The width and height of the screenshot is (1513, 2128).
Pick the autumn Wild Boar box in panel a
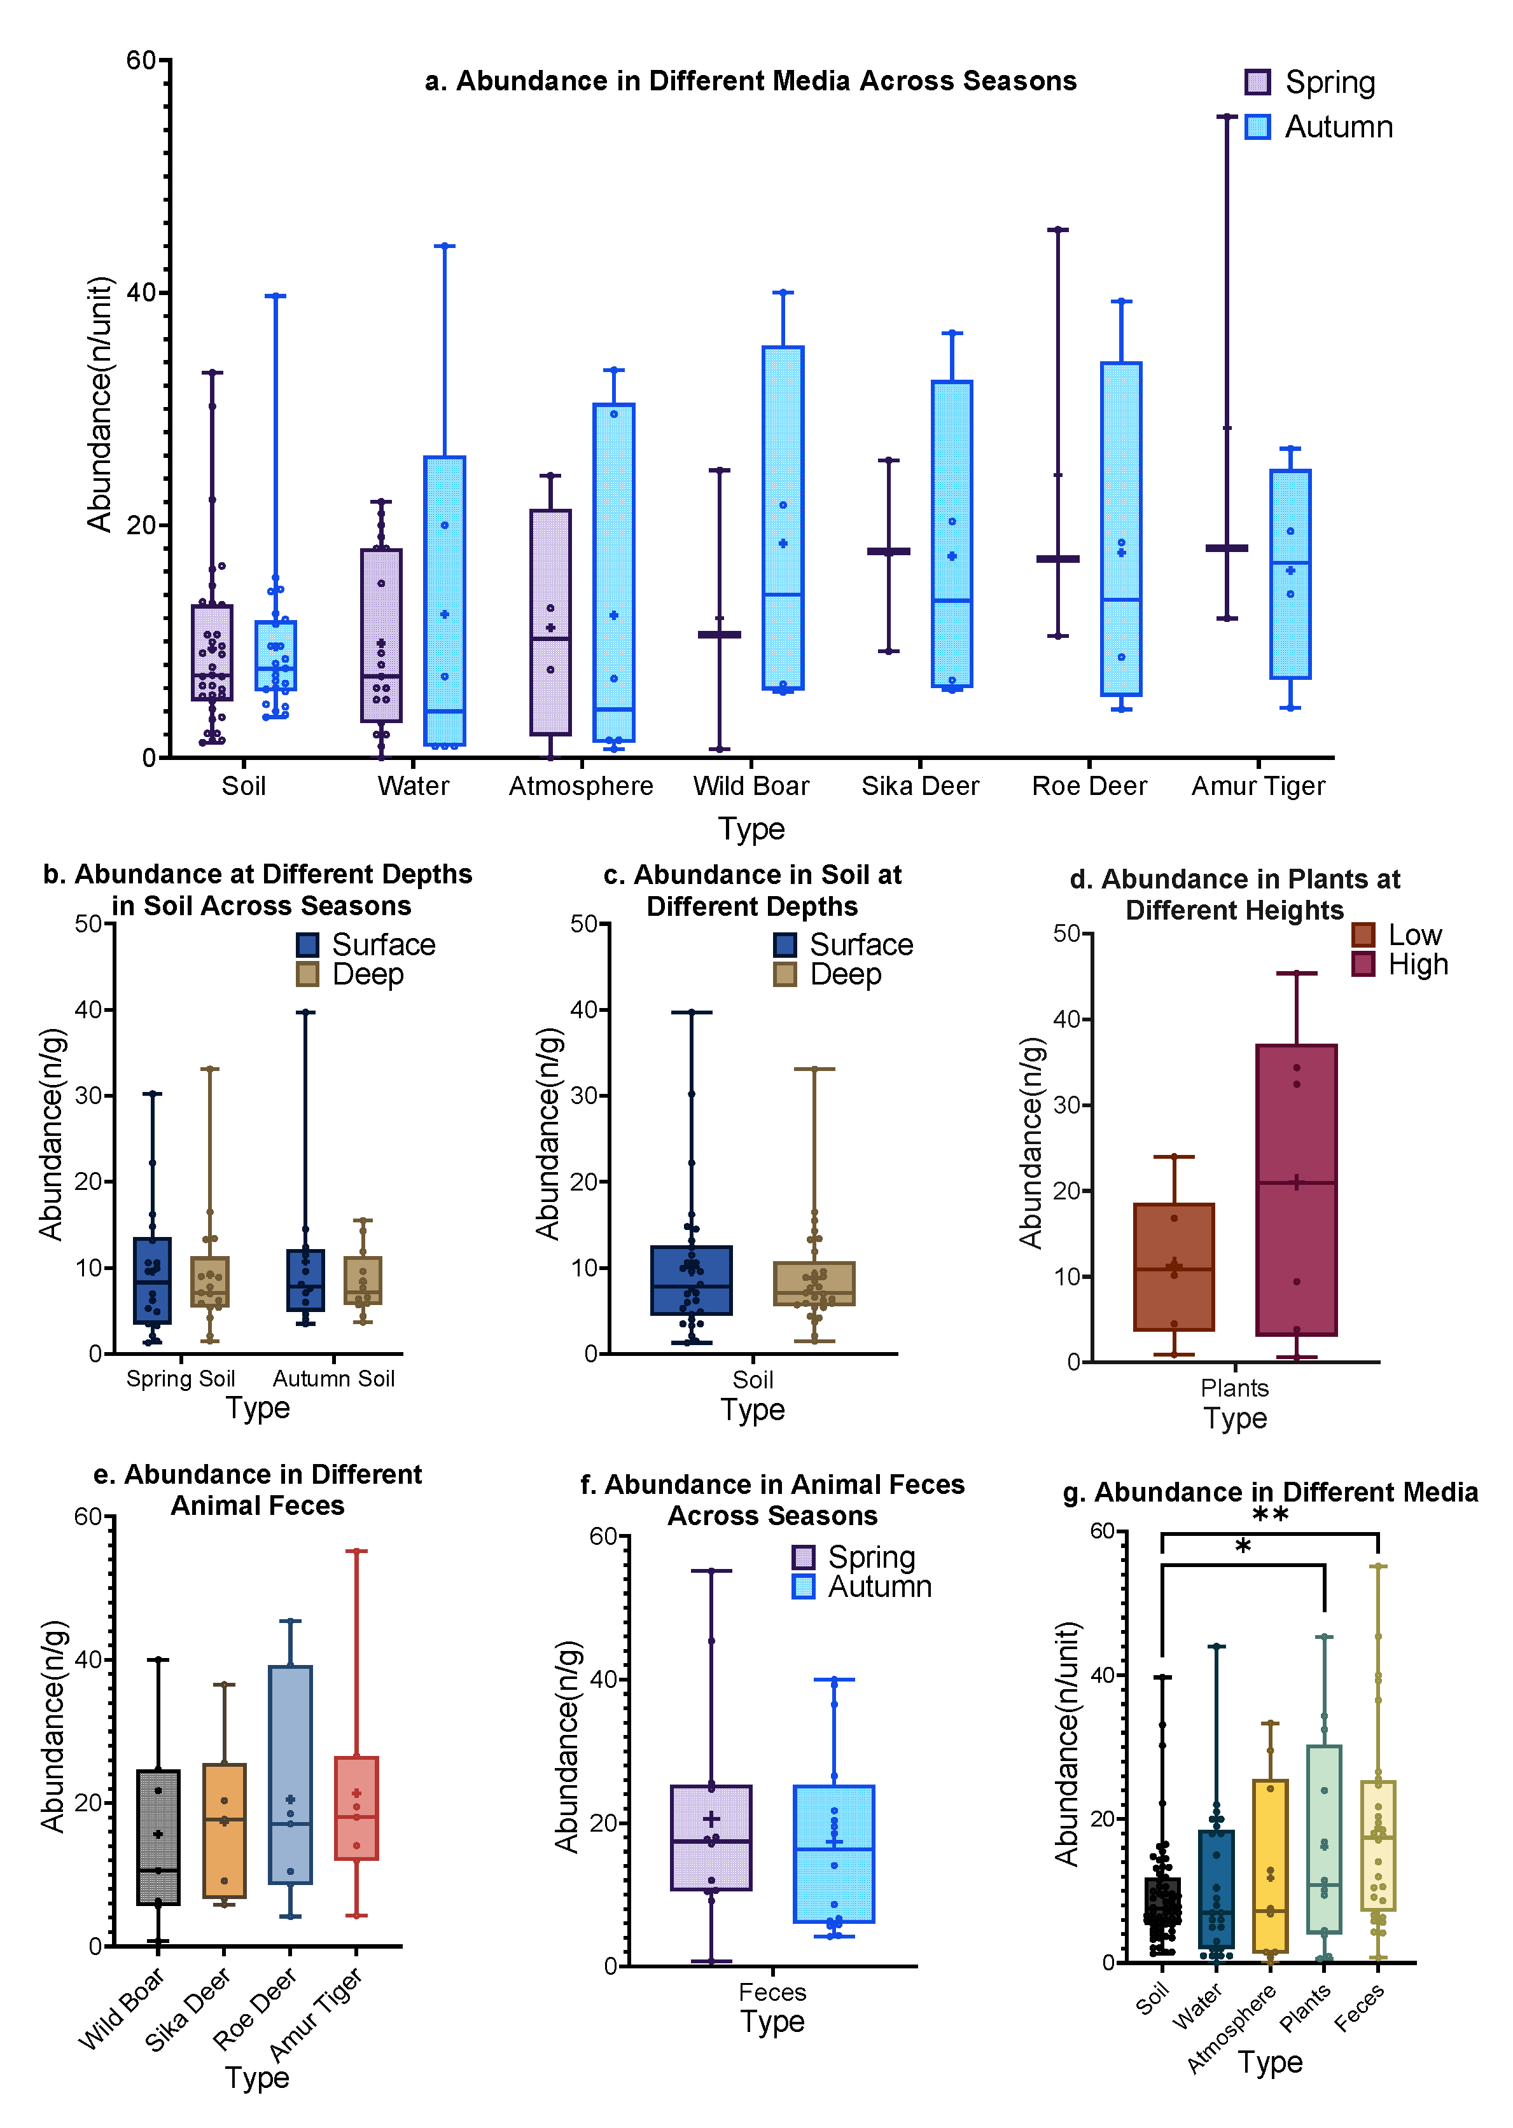pyautogui.click(x=783, y=518)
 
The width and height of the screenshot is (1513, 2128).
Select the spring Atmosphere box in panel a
pyautogui.click(x=550, y=622)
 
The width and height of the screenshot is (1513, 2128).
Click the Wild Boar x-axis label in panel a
pyautogui.click(x=751, y=786)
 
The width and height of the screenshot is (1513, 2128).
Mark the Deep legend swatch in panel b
pyautogui.click(x=307, y=974)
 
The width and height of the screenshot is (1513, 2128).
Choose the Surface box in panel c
pyautogui.click(x=691, y=1280)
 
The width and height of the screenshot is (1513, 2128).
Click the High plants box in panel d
pyautogui.click(x=1296, y=1189)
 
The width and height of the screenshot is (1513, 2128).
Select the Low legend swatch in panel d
pyautogui.click(x=1363, y=935)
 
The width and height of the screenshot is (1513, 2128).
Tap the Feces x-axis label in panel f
pyautogui.click(x=772, y=1992)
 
